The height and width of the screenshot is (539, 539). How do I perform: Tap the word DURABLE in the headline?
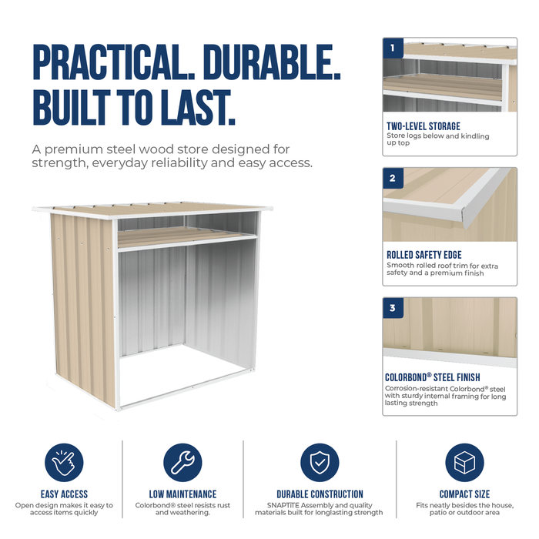(x=272, y=62)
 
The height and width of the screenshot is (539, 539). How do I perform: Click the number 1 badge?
(x=393, y=48)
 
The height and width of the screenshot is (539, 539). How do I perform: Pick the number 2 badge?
(x=393, y=178)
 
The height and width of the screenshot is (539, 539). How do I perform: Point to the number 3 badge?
(x=393, y=308)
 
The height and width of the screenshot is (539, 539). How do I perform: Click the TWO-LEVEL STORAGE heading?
(x=423, y=126)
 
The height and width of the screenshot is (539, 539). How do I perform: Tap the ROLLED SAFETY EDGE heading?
(x=423, y=255)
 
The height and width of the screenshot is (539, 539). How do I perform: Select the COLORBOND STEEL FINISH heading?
(x=433, y=377)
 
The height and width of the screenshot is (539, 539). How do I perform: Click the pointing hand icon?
(x=64, y=462)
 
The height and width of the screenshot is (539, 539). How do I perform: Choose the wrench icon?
(x=182, y=462)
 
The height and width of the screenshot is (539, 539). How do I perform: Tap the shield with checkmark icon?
(x=320, y=462)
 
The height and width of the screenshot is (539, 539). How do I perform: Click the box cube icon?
(x=464, y=462)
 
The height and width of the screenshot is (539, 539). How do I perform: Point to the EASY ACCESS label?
(x=64, y=494)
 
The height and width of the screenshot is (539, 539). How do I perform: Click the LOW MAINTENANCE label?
(x=182, y=494)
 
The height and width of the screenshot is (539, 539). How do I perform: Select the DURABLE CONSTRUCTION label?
(x=320, y=494)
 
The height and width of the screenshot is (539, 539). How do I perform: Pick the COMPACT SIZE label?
(x=464, y=494)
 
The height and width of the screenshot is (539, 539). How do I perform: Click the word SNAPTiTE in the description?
(x=283, y=505)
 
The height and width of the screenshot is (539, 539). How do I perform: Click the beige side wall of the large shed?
(x=83, y=306)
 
